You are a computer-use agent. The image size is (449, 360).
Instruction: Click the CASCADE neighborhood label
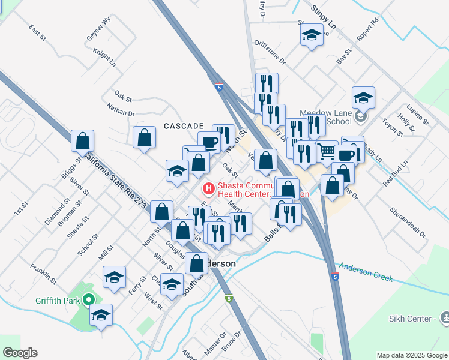[184, 126]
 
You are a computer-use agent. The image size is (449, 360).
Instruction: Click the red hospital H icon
[209, 189]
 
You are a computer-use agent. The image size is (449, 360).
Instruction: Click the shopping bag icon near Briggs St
[83, 142]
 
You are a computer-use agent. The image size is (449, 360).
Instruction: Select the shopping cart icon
[327, 151]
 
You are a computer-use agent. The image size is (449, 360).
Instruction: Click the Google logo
[20, 353]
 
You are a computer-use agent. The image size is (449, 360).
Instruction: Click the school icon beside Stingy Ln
[312, 35]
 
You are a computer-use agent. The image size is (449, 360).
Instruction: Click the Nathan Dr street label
[121, 109]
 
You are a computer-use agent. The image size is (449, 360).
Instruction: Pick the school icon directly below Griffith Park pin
[101, 315]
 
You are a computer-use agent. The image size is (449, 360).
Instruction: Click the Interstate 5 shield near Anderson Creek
[335, 277]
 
